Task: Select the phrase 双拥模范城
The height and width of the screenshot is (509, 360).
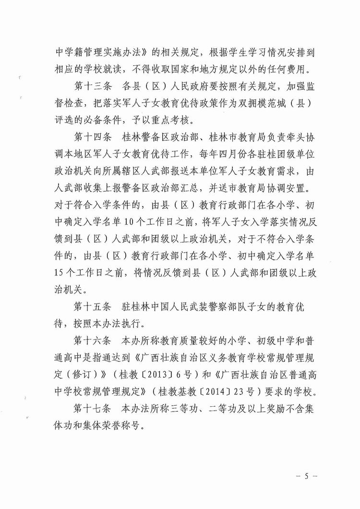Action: click(x=267, y=105)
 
